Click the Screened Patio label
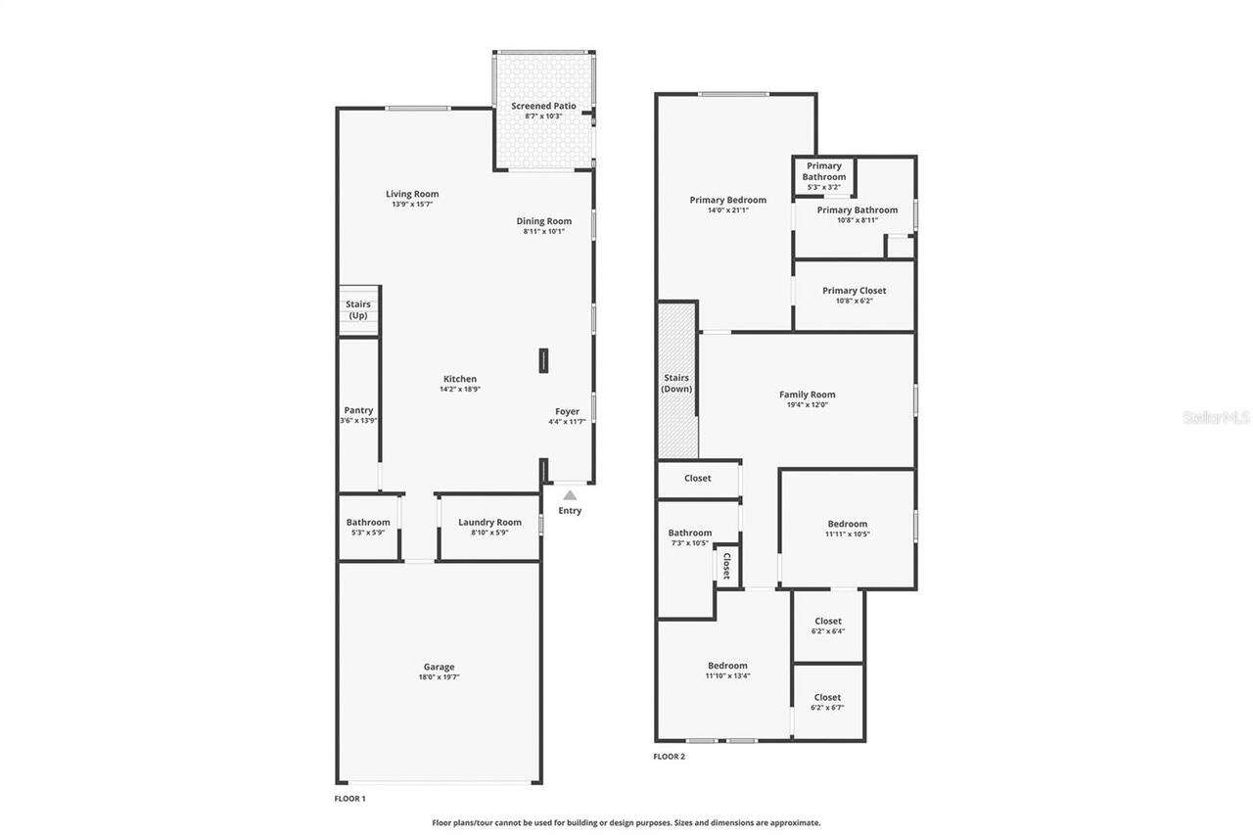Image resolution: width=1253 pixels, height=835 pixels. [543, 106]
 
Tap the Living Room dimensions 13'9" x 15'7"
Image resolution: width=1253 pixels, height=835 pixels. [411, 205]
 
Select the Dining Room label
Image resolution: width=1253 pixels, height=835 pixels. [543, 221]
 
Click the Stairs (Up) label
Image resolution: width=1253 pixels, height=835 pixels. [358, 310]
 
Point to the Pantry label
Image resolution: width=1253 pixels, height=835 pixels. [358, 410]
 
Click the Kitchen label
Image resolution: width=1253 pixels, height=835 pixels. [460, 379]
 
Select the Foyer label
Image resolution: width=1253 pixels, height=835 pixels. [567, 411]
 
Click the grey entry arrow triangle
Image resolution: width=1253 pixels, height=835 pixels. [570, 495]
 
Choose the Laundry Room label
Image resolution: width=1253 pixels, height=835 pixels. [489, 522]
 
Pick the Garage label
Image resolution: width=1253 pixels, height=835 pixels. [439, 667]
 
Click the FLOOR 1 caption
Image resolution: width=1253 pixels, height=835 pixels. [350, 799]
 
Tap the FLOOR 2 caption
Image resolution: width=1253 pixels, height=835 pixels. [670, 757]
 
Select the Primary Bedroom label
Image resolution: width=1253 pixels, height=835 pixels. [727, 200]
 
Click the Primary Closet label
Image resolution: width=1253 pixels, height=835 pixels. [854, 291]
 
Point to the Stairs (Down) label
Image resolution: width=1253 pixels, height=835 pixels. [676, 383]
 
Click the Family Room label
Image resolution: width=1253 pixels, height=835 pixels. [807, 394]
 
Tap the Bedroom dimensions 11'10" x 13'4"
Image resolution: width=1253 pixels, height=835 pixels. [727, 675]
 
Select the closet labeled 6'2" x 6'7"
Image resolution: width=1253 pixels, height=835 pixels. [827, 702]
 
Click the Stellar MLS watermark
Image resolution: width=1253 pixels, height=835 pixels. [1216, 417]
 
